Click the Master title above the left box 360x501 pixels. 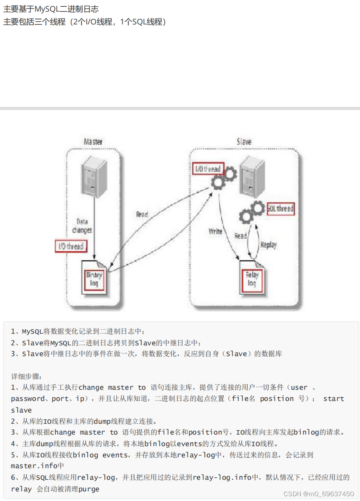point(93,142)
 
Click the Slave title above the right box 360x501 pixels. point(244,142)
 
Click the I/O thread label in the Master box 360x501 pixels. point(71,246)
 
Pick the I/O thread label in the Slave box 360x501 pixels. point(208,169)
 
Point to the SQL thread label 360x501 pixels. point(280,208)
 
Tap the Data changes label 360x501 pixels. point(82,226)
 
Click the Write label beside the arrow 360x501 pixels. point(215,231)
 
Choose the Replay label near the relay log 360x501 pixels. point(268,244)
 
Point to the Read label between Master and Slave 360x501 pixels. point(142,214)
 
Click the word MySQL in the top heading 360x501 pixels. point(47,9)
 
